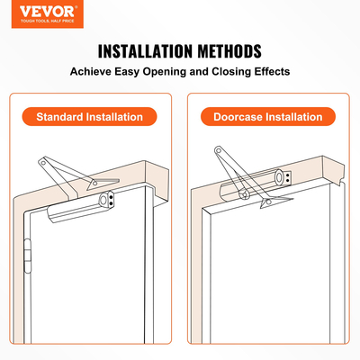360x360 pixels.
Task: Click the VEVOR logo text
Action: tap(28, 11)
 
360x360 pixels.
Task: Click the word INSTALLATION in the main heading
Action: tap(147, 50)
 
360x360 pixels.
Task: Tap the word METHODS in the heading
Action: tap(231, 50)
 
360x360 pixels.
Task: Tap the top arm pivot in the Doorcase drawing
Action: tap(220, 151)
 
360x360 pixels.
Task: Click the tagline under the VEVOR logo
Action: tap(28, 21)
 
